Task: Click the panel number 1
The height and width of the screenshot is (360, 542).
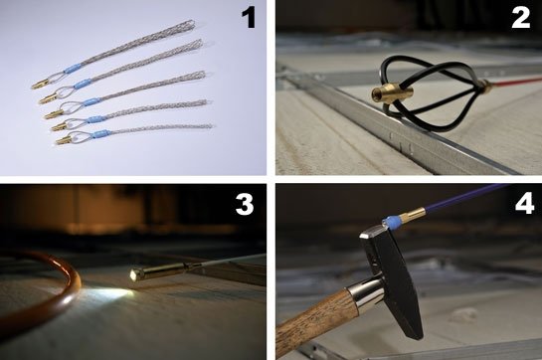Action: pos(249,18)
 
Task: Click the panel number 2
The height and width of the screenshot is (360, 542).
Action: pos(520,18)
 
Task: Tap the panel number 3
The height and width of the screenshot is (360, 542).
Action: pos(245,205)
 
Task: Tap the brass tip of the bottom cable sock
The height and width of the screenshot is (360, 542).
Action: pos(63,140)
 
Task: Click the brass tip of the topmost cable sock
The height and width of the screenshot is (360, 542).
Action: pos(40,85)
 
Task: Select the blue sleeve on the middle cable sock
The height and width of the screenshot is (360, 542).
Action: pos(91,102)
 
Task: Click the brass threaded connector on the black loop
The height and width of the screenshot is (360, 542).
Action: pos(392,92)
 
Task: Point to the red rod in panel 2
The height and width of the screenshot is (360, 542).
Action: pos(516,82)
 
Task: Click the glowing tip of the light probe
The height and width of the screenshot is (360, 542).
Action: pos(133,274)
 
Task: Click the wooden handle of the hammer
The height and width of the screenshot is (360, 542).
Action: pos(316,326)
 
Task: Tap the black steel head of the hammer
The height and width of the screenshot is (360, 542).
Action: pos(392,280)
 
